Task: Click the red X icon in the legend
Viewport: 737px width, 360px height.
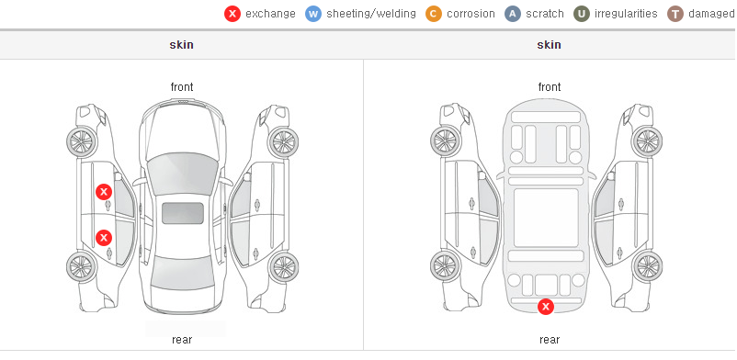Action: coord(232,14)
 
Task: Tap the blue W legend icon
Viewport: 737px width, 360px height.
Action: coord(313,14)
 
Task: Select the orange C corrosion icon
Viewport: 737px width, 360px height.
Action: coord(434,14)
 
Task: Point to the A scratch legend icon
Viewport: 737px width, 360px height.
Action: coord(513,14)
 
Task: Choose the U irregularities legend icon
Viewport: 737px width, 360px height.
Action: coord(582,14)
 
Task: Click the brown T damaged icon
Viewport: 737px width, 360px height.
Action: coord(675,14)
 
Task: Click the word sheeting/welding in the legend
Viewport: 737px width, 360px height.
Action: coord(371,14)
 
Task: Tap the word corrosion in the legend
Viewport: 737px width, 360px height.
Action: coord(471,14)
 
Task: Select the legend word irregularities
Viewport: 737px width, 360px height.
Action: coord(626,14)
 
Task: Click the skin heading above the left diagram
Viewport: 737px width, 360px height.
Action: coord(181,45)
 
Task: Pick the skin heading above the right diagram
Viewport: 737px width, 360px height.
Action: coord(549,45)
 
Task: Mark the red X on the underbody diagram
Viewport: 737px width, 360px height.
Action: coord(546,307)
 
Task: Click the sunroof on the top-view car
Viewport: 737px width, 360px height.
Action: coord(183,213)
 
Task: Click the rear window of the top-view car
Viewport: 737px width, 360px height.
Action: coord(182,273)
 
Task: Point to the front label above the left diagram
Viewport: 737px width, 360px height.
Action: coord(182,87)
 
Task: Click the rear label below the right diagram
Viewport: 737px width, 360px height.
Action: coord(550,340)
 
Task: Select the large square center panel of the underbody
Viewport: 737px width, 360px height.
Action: coord(546,218)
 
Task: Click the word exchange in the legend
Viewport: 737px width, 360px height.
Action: coord(271,14)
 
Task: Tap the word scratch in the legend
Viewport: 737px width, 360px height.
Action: coord(545,14)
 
